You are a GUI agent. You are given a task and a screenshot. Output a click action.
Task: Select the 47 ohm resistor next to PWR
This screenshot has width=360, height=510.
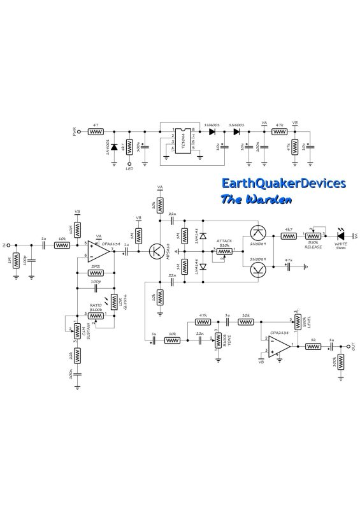96,133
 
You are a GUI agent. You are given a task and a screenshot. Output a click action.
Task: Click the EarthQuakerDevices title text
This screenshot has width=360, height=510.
283,184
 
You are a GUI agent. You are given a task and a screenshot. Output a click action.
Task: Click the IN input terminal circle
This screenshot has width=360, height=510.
11,244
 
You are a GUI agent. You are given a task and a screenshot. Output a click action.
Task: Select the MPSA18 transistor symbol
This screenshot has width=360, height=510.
156,251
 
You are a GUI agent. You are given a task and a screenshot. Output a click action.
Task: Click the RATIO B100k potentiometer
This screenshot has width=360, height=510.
95,315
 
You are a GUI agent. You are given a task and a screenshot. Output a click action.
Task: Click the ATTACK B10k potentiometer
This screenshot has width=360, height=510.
224,251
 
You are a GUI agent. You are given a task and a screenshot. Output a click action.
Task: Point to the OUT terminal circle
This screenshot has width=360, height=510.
347,347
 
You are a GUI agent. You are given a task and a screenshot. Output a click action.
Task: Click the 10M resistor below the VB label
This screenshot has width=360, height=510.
76,229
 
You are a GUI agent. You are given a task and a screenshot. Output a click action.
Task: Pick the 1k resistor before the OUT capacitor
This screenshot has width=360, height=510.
313,347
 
